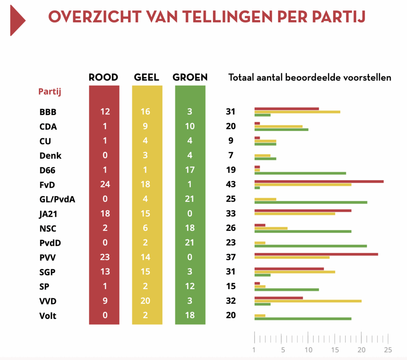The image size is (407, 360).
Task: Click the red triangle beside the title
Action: tap(17, 20)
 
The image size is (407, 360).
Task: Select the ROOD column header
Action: tap(103, 77)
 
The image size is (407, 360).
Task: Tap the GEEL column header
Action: tap(147, 77)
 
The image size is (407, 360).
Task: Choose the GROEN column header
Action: tap(190, 77)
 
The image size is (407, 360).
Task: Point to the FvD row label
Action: tap(47, 185)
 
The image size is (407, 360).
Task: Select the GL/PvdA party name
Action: tap(57, 199)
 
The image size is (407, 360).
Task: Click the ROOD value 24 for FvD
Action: tap(105, 185)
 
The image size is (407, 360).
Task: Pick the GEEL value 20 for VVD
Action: tap(145, 301)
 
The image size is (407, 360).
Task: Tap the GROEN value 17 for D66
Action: tap(190, 170)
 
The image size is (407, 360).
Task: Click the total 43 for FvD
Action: tap(231, 185)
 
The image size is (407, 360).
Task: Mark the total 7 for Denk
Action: tap(231, 156)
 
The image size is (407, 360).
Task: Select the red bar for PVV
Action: tap(316, 254)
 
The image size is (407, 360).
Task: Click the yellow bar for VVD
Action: tap(308, 301)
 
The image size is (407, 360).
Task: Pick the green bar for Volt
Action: tap(302, 319)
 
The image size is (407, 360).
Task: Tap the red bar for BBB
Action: tap(286, 109)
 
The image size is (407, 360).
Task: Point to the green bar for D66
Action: tap(300, 173)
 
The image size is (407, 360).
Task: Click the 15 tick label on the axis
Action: tap(335, 350)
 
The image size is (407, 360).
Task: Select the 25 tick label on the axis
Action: tap(388, 350)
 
